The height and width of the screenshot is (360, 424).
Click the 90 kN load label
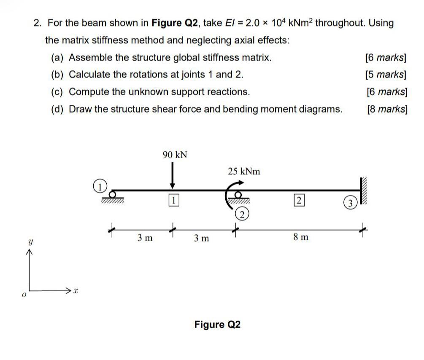(x=175, y=155)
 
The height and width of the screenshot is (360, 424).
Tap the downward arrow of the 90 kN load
(x=172, y=177)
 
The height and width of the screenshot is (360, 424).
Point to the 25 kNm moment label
(x=244, y=171)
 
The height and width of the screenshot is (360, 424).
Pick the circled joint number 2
(x=241, y=215)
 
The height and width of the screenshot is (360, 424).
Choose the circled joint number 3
(x=350, y=204)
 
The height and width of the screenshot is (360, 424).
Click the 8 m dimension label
(x=300, y=237)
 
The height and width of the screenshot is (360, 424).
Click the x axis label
(x=76, y=291)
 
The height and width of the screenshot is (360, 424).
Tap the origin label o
(x=24, y=296)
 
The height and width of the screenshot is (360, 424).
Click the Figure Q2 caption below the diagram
(x=217, y=325)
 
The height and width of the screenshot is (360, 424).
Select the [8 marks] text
(x=386, y=110)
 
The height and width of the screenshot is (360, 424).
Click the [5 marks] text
(x=386, y=75)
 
